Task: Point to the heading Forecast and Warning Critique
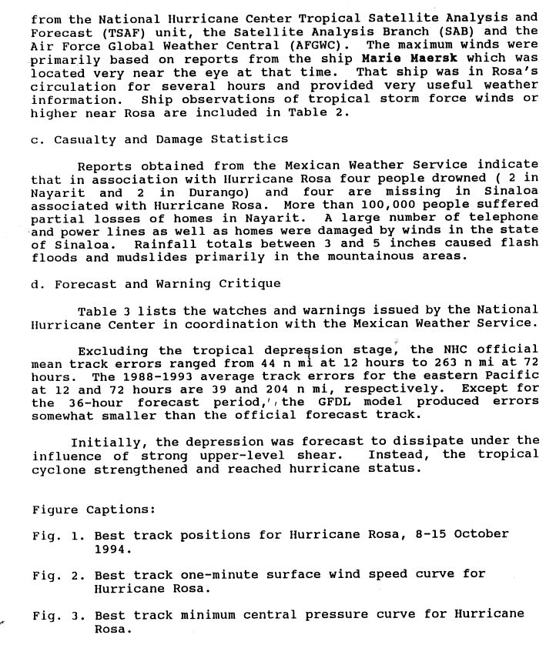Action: coord(155,284)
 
